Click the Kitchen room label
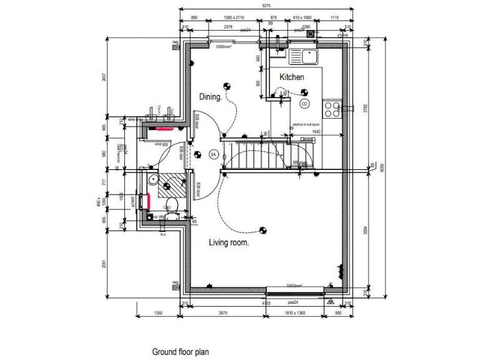(x=292, y=77)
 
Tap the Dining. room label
(x=211, y=97)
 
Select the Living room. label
(x=229, y=242)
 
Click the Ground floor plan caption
(x=181, y=352)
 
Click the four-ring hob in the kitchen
(x=331, y=109)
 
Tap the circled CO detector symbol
(x=304, y=103)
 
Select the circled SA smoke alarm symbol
(x=212, y=154)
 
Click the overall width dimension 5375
(x=266, y=6)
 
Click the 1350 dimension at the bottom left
(x=158, y=312)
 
